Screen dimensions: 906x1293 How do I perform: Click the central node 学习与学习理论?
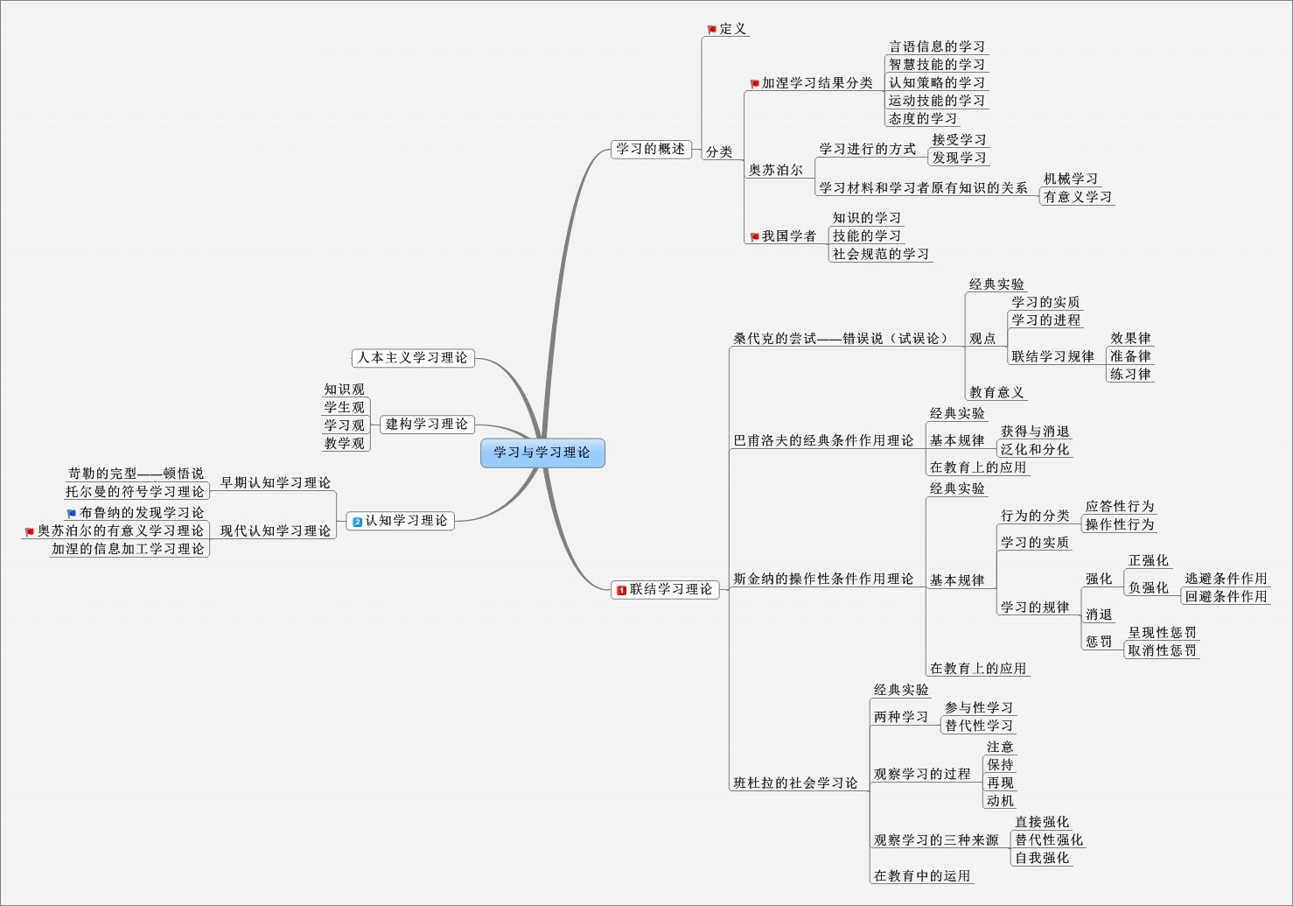(542, 453)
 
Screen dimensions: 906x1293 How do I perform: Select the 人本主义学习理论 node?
(412, 357)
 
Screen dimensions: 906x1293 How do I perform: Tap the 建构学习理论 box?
(426, 424)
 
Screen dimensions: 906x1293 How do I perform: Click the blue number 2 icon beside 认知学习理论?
(357, 522)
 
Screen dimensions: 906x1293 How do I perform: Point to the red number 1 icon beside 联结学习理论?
(621, 590)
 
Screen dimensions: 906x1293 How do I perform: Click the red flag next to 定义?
(712, 30)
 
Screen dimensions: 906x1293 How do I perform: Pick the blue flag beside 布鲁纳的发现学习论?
(72, 514)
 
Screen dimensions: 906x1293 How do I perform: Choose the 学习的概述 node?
(650, 149)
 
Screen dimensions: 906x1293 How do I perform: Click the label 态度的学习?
(922, 118)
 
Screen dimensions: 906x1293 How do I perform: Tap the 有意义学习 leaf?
(1077, 197)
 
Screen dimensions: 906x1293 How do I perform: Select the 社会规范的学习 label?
(880, 254)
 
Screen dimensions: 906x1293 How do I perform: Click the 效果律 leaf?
(1130, 338)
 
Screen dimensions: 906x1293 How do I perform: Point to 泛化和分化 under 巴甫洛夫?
(1035, 449)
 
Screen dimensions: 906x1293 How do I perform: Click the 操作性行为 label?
(1120, 524)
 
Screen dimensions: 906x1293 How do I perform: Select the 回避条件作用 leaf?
(1226, 596)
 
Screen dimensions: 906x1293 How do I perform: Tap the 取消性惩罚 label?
(1162, 650)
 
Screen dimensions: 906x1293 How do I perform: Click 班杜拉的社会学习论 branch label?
(795, 783)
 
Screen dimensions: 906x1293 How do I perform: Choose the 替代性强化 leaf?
(1048, 839)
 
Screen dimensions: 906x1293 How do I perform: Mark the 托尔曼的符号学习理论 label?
(135, 491)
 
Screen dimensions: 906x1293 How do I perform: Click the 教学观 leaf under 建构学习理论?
(344, 443)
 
